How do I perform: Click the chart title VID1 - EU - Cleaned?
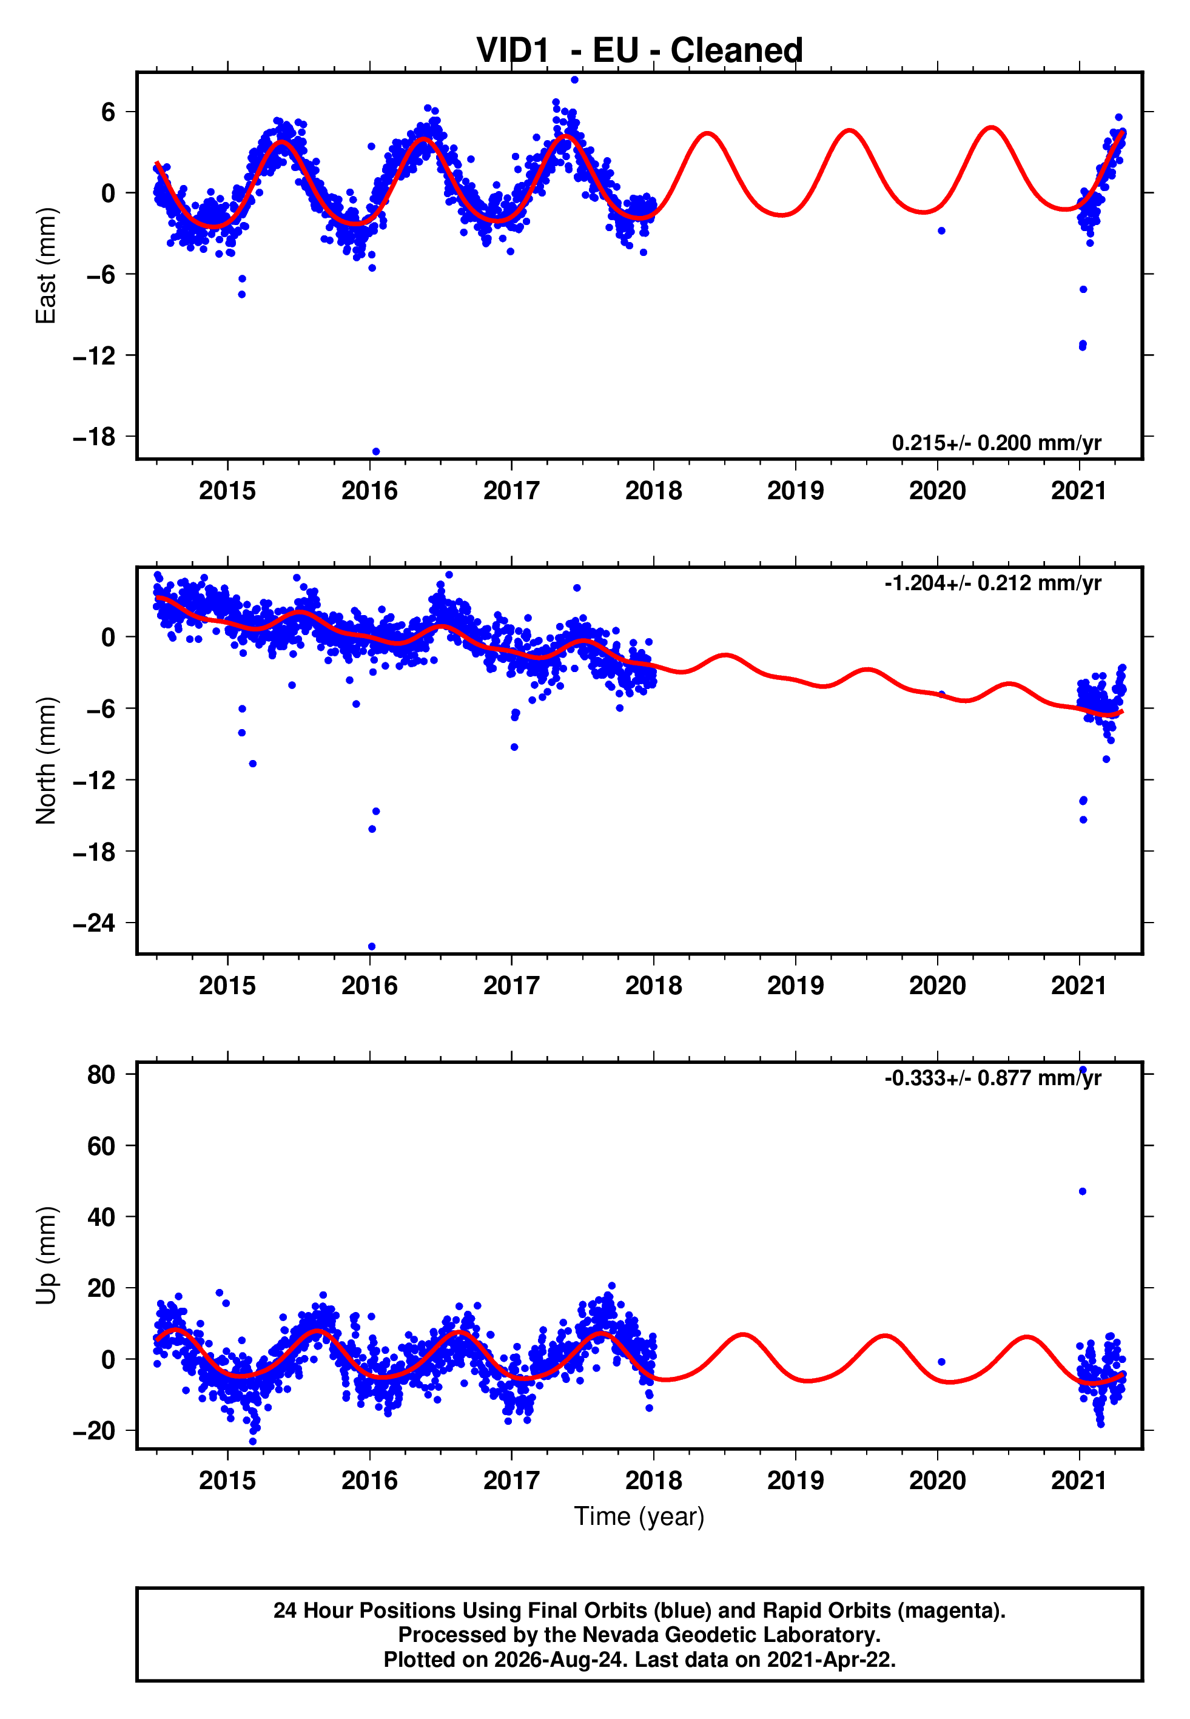639,51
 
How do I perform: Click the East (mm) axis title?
46,266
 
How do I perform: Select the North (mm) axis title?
46,761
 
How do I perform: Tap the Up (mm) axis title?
46,1256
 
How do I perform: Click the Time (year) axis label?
639,1517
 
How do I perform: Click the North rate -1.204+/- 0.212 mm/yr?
992,583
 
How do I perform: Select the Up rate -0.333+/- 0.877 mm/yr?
992,1078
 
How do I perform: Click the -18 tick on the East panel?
94,437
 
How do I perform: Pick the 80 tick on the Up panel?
101,1074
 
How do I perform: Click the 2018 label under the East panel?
653,491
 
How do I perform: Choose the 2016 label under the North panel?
369,986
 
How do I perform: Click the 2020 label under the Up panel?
937,1481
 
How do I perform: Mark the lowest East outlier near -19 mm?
376,452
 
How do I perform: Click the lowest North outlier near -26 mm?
372,947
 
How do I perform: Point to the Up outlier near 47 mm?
1083,1191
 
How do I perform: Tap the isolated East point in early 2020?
941,231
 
